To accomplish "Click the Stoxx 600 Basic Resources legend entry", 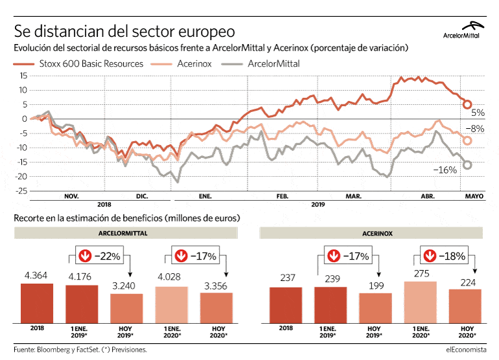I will click(x=78, y=64).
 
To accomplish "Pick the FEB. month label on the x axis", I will click(x=282, y=196).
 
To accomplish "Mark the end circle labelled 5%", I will click(x=467, y=104).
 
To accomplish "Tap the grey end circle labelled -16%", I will click(x=467, y=164).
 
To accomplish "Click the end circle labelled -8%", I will click(x=467, y=141).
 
